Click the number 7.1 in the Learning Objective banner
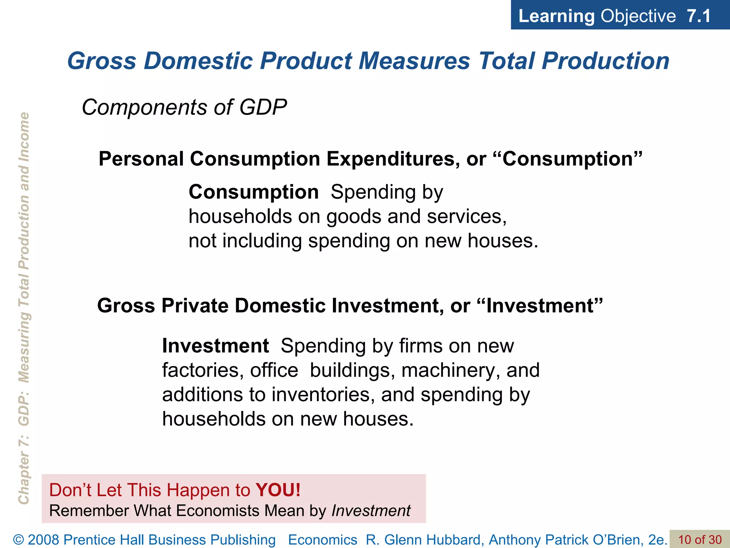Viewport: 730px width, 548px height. (x=698, y=16)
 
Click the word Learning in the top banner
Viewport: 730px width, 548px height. (x=556, y=16)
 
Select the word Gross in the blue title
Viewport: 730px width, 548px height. (x=102, y=61)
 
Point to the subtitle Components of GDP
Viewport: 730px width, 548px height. (x=184, y=107)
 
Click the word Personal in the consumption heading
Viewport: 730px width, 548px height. (x=141, y=159)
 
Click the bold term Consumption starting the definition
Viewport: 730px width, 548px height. (x=253, y=192)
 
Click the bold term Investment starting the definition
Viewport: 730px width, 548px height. (x=215, y=346)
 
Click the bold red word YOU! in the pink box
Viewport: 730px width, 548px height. (x=278, y=490)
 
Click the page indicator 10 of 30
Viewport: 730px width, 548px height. (x=699, y=540)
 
